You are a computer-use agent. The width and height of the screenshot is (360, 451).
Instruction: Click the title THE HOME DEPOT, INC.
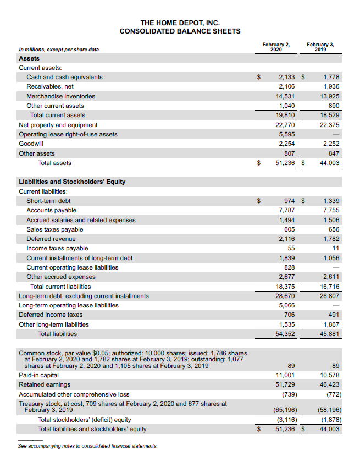coord(180,23)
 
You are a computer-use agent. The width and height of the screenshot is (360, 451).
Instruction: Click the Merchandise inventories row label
coord(60,96)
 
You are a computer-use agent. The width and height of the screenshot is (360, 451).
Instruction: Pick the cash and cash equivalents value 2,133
coord(286,77)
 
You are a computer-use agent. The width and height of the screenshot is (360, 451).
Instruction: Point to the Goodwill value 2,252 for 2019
coord(331,144)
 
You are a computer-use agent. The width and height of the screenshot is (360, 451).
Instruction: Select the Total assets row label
coord(54,163)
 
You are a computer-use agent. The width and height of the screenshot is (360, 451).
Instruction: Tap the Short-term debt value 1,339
coord(331,201)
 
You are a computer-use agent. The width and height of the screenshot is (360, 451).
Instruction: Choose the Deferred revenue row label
coord(51,239)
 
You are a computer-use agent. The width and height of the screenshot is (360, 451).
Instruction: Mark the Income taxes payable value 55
coord(291,249)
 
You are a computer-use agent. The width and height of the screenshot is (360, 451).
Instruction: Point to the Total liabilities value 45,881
coord(330,334)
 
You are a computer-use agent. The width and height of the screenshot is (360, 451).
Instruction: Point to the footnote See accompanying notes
coord(87,446)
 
